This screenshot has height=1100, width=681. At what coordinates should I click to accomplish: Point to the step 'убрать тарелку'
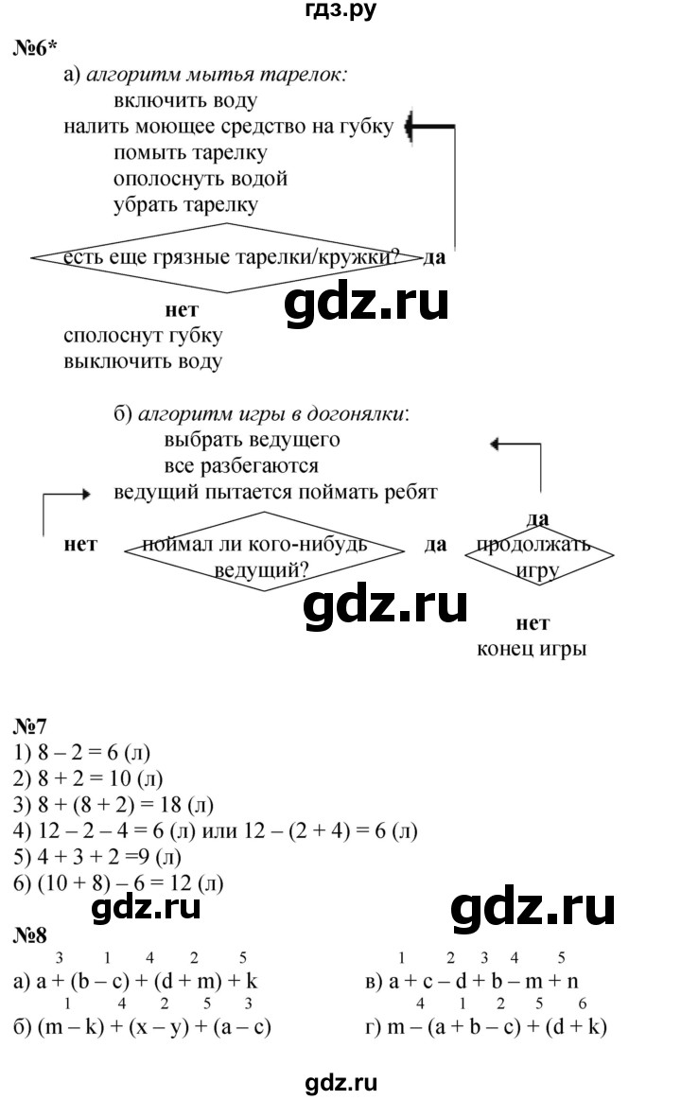pyautogui.click(x=184, y=203)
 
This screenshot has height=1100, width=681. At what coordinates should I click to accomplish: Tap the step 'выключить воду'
pyautogui.click(x=143, y=361)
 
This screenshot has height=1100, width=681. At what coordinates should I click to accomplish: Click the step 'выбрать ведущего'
pyautogui.click(x=251, y=440)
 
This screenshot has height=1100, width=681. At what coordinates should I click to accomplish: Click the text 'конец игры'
pyautogui.click(x=533, y=649)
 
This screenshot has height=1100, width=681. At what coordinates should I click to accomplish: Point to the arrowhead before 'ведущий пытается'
pyautogui.click(x=86, y=493)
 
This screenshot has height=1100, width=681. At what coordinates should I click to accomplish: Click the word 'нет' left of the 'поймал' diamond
pyautogui.click(x=80, y=546)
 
